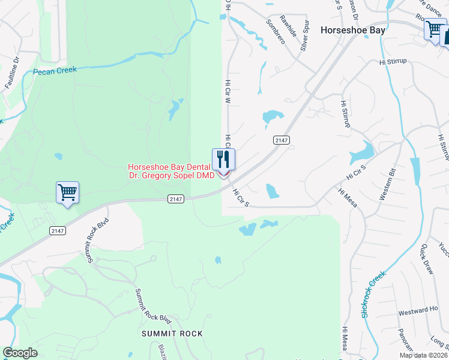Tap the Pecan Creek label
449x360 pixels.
click(x=55, y=70)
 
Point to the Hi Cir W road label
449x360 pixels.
click(x=228, y=92)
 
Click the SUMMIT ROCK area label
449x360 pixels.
click(x=172, y=333)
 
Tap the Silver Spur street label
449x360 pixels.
click(x=306, y=35)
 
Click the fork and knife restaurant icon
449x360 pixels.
click(x=223, y=160)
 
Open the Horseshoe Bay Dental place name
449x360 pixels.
click(x=169, y=167)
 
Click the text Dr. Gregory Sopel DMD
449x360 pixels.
click(x=172, y=175)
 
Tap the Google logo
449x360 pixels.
click(x=20, y=353)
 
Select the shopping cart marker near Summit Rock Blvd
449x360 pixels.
click(x=68, y=193)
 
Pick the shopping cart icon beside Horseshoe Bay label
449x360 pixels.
click(x=434, y=29)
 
